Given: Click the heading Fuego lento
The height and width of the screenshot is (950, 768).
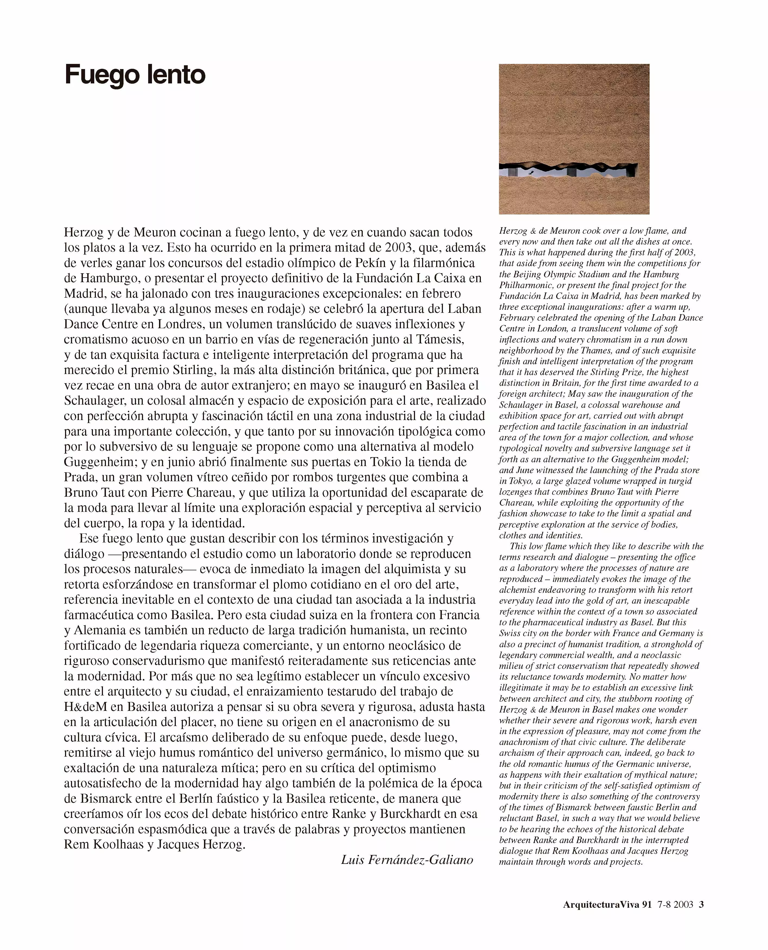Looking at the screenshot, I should tap(135, 75).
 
